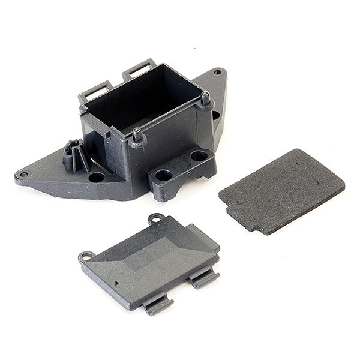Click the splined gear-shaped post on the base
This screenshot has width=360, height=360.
[x=75, y=157]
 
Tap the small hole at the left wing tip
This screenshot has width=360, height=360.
[x=22, y=175]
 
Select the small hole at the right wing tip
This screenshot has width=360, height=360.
[x=217, y=73]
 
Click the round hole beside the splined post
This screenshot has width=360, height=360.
[x=96, y=177]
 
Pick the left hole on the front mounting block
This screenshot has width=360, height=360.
[x=163, y=176]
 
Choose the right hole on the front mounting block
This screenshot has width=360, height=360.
[x=199, y=156]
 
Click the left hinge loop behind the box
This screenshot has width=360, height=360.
[x=97, y=90]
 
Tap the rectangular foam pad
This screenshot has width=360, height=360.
[x=282, y=190]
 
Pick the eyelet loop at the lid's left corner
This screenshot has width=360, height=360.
[x=86, y=257]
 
